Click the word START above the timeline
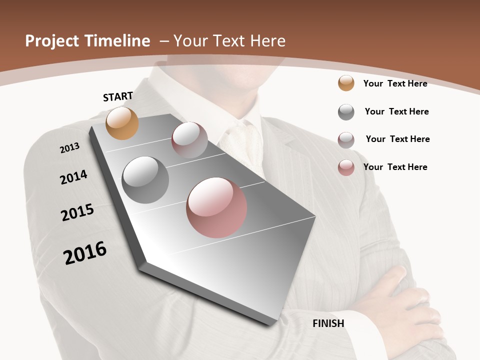pyautogui.click(x=118, y=96)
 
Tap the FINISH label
pyautogui.click(x=328, y=323)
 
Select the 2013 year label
pyautogui.click(x=70, y=147)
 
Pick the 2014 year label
pyautogui.click(x=74, y=177)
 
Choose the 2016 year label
pyautogui.click(x=85, y=253)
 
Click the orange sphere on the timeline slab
pyautogui.click(x=122, y=123)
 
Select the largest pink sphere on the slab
pyautogui.click(x=216, y=207)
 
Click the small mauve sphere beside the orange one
pyautogui.click(x=189, y=140)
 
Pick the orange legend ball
pyautogui.click(x=346, y=83)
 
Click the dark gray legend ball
pyautogui.click(x=346, y=112)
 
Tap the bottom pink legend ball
pyautogui.click(x=346, y=167)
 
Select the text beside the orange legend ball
pyautogui.click(x=395, y=83)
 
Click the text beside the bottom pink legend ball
pyautogui.click(x=395, y=167)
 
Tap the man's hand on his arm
pyautogui.click(x=410, y=300)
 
